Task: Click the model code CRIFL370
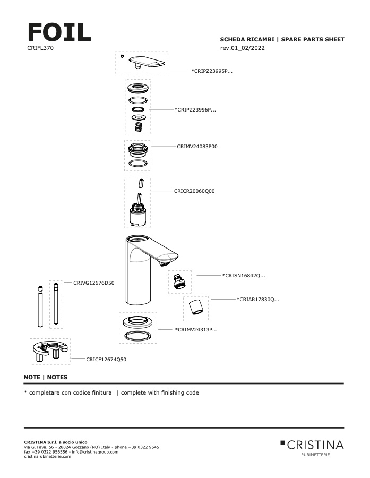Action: (x=40, y=48)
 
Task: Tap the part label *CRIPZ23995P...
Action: (x=212, y=70)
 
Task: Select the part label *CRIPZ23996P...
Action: (x=195, y=110)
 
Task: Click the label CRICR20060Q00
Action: (x=194, y=191)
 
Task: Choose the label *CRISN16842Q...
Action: (x=244, y=275)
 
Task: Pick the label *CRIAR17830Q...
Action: (x=258, y=300)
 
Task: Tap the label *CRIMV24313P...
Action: (x=196, y=330)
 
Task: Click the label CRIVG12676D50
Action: (x=94, y=283)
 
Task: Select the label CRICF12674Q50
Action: (x=106, y=360)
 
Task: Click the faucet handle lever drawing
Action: (x=146, y=62)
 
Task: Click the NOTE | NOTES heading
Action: (x=46, y=377)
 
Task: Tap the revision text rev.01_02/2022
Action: (x=242, y=48)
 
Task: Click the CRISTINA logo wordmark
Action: (x=315, y=445)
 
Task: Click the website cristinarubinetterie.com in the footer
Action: (x=48, y=456)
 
